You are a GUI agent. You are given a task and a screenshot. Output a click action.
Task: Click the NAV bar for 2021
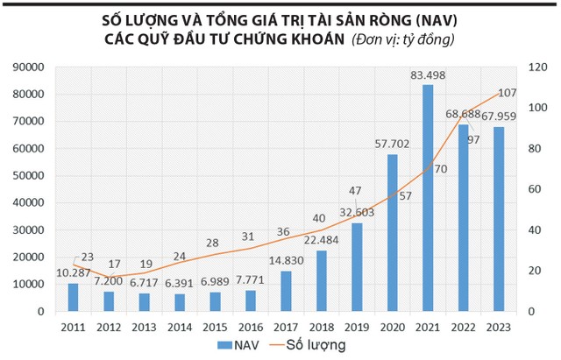(x=428, y=198)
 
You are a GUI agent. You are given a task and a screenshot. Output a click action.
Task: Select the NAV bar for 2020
(x=393, y=233)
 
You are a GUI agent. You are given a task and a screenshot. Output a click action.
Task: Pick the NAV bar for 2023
(x=499, y=219)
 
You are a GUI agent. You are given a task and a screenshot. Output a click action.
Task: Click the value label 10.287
(x=73, y=274)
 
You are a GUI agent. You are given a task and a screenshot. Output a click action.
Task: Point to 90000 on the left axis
(x=32, y=67)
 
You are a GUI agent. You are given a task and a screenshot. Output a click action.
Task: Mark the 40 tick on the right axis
(x=530, y=230)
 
